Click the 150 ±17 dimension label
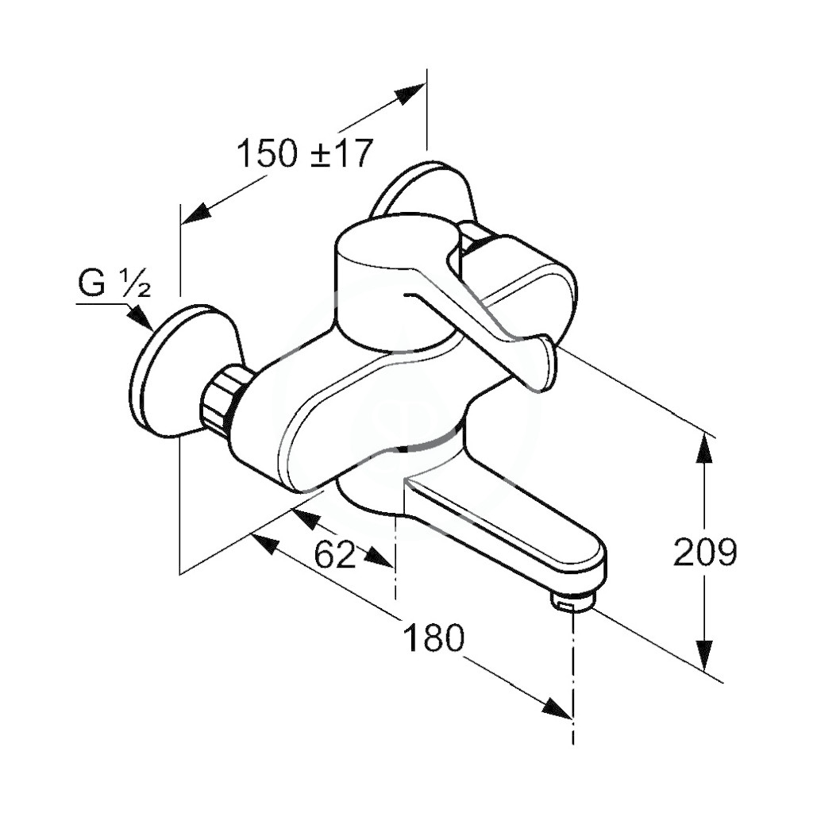tap(305, 153)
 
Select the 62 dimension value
tap(336, 554)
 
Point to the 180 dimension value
tap(433, 638)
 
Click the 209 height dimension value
tap(705, 552)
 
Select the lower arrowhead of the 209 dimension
tap(703, 655)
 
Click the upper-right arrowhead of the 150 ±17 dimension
tap(410, 94)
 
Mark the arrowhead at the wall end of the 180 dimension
tap(267, 544)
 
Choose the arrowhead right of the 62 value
tap(377, 557)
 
